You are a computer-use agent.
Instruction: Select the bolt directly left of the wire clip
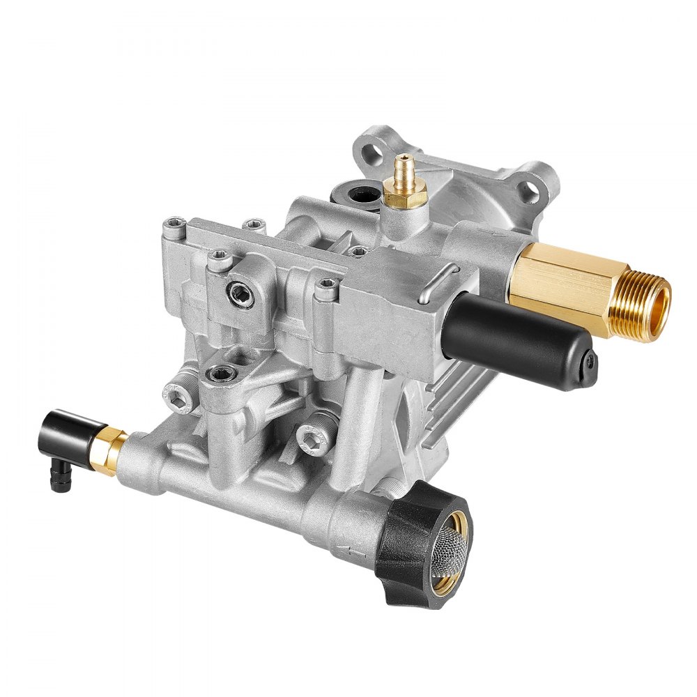click(325, 286)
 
